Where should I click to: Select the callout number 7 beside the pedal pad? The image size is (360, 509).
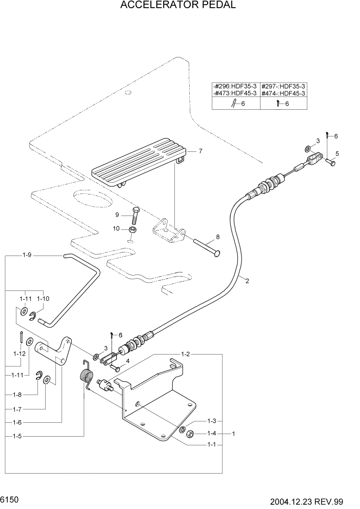(201, 151)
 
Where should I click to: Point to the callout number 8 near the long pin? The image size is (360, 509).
(217, 237)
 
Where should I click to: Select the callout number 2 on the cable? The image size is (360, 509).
(247, 281)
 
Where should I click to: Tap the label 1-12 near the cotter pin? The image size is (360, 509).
(19, 354)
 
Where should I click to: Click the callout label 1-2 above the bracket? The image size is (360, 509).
(186, 354)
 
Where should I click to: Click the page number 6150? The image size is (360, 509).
(10, 499)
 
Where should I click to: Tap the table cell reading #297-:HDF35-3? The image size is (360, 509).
(284, 87)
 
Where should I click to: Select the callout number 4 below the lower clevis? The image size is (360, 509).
(128, 361)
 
